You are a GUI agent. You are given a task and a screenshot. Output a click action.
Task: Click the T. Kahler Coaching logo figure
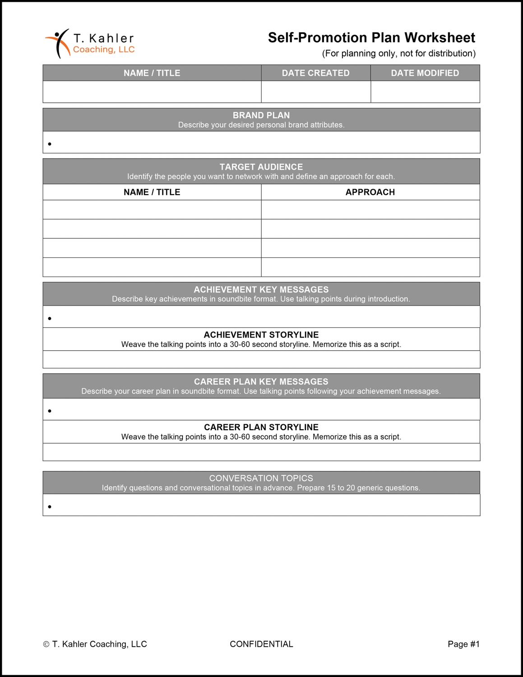click(x=58, y=43)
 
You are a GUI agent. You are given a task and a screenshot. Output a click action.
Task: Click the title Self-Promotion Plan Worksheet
click(x=371, y=37)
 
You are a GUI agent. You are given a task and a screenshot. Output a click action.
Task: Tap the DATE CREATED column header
click(x=315, y=73)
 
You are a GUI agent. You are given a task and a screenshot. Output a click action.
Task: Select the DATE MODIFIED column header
click(x=425, y=73)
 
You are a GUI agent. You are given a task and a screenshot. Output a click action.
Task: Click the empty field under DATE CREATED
click(x=315, y=92)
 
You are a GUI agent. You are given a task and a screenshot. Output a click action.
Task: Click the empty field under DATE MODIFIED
click(x=425, y=92)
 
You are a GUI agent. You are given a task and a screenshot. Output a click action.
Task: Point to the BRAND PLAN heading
click(x=261, y=115)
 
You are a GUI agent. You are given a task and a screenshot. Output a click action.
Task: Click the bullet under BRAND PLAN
click(x=50, y=144)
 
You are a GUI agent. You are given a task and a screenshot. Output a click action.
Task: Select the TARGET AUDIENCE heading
click(x=261, y=167)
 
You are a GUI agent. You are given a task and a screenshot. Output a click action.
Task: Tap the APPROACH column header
click(x=370, y=192)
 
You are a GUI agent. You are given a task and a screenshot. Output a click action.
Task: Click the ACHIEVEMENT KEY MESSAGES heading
click(x=261, y=290)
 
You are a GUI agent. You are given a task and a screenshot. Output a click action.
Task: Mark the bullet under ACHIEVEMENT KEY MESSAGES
click(x=50, y=319)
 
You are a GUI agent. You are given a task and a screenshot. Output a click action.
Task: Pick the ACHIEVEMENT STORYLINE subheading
click(x=261, y=335)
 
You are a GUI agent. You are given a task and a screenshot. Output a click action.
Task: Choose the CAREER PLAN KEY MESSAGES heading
click(x=261, y=382)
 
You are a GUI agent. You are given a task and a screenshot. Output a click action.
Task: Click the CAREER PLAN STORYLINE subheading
click(x=261, y=427)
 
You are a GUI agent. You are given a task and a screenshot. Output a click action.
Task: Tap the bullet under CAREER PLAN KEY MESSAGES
click(x=50, y=411)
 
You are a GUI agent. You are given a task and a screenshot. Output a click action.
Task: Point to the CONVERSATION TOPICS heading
click(x=261, y=478)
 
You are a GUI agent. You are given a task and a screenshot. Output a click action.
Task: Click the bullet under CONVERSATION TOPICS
click(x=50, y=507)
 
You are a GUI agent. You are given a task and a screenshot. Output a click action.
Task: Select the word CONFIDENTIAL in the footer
click(x=261, y=644)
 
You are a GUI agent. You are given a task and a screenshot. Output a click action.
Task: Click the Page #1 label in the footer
click(x=463, y=644)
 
